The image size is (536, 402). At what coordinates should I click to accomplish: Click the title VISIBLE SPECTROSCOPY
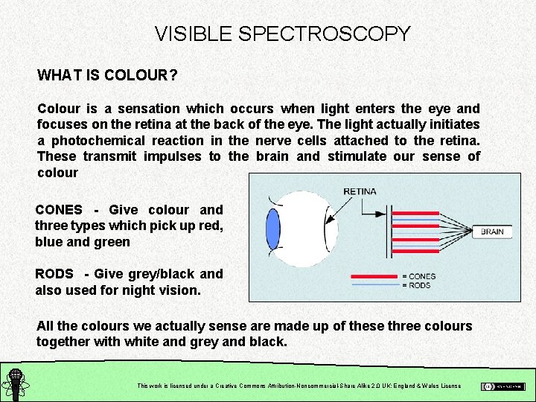282,33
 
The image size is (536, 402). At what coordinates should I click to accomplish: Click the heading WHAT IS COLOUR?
107,76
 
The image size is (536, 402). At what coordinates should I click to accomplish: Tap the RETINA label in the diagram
360,191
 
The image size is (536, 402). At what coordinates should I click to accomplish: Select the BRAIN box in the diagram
492,232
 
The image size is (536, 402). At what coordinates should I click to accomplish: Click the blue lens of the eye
272,228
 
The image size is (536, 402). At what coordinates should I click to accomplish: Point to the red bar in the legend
374,276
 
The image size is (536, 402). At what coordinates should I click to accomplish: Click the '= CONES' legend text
418,276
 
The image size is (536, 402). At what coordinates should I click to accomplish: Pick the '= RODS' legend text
416,285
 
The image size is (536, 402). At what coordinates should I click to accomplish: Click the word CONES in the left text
59,210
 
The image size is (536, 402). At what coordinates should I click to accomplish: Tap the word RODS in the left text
56,274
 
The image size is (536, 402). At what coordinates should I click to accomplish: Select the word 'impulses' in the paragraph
170,156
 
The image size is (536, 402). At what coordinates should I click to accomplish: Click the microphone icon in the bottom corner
14,383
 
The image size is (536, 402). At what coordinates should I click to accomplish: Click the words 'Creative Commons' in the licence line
243,386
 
